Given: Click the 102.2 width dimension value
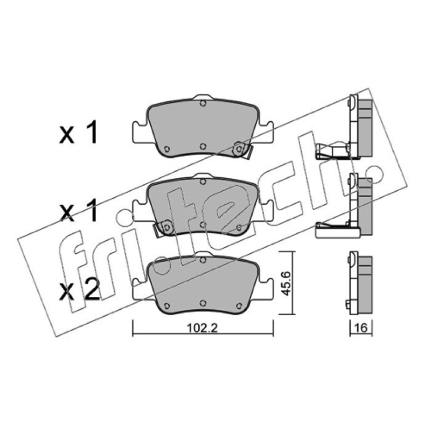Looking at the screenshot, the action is [x=202, y=328].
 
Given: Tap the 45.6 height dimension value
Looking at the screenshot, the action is [x=287, y=283].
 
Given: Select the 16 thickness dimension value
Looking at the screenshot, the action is [x=361, y=328].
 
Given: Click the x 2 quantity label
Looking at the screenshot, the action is [x=79, y=291].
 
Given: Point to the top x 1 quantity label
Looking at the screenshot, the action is [x=79, y=133].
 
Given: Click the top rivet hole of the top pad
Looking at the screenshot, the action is [x=203, y=103].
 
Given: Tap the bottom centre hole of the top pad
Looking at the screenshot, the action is [x=203, y=146].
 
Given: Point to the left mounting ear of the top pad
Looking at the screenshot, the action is [x=140, y=132].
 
